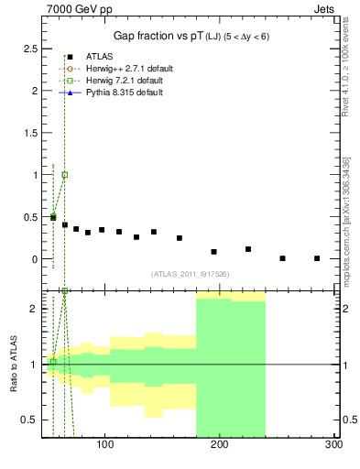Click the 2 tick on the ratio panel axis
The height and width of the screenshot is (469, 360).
coord(33,309)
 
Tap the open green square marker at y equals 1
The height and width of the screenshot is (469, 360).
coord(64,174)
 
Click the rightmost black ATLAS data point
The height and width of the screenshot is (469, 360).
coord(317,258)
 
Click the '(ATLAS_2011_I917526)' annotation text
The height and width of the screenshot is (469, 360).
coord(191,274)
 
